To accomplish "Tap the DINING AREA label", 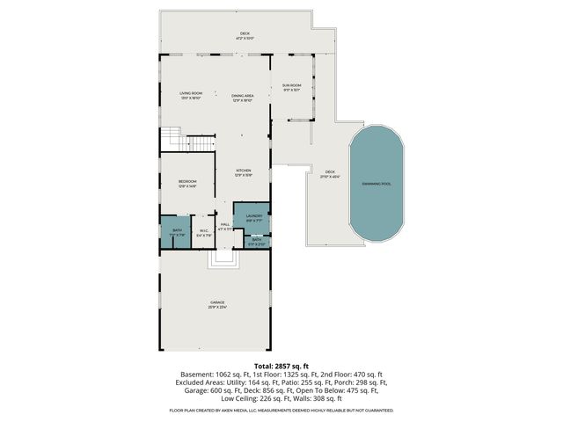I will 243,98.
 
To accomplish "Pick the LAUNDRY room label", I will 254,216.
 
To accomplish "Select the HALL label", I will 225,226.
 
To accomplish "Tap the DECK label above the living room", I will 245,36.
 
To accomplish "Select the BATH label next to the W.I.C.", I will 177,233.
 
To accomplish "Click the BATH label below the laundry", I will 257,241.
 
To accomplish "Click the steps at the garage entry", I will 223,258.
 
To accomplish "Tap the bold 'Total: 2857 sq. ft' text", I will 281,364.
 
